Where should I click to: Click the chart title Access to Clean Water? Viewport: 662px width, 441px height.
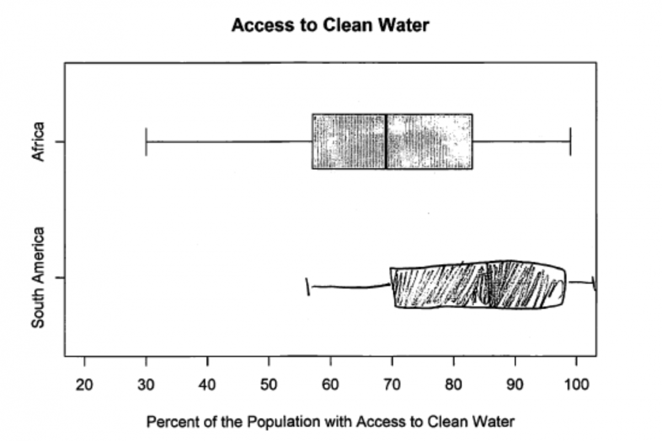[330, 25]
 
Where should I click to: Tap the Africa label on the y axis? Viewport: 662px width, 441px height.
[38, 142]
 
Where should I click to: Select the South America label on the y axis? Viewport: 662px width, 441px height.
[38, 278]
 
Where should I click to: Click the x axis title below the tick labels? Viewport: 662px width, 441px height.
[330, 422]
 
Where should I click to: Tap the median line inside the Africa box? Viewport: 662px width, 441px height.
[386, 142]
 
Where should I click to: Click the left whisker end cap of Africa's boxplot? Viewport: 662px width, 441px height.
[146, 142]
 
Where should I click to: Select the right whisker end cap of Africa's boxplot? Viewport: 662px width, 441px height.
[570, 142]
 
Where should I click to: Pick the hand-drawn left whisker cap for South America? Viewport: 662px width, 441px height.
[308, 287]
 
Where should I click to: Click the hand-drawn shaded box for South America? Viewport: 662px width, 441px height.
[477, 286]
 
